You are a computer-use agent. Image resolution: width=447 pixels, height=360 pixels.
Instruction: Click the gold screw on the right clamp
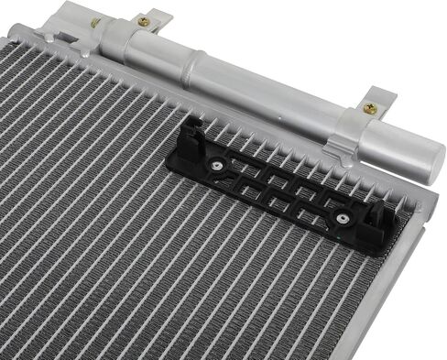pos(370,108)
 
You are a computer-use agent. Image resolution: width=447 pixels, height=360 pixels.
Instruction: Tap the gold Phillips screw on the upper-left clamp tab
pos(143,20)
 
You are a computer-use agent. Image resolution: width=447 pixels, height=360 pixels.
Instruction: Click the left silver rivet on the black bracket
pos(216,165)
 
